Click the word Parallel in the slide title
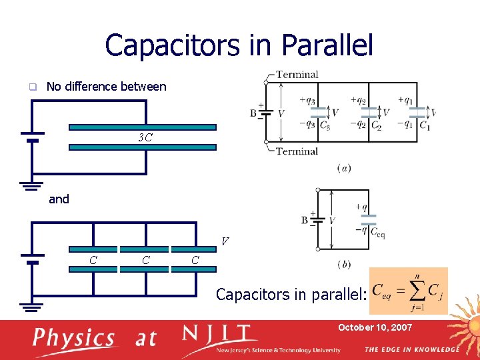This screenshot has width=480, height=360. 327,45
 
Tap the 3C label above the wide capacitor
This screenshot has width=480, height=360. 145,138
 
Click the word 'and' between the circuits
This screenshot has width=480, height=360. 59,199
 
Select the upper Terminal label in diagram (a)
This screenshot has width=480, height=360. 297,75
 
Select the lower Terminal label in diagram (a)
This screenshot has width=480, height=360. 297,151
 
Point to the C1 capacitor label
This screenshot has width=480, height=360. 424,125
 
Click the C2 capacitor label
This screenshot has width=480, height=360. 376,125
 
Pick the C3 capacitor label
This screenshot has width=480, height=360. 325,125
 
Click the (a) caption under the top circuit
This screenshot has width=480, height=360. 344,167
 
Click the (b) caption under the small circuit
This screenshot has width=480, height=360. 343,264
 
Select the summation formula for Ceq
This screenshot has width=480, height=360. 408,291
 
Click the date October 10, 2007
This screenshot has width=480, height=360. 375,327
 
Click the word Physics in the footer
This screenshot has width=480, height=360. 74,338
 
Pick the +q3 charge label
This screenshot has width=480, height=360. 307,101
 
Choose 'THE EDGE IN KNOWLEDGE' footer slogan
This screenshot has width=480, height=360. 411,349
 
